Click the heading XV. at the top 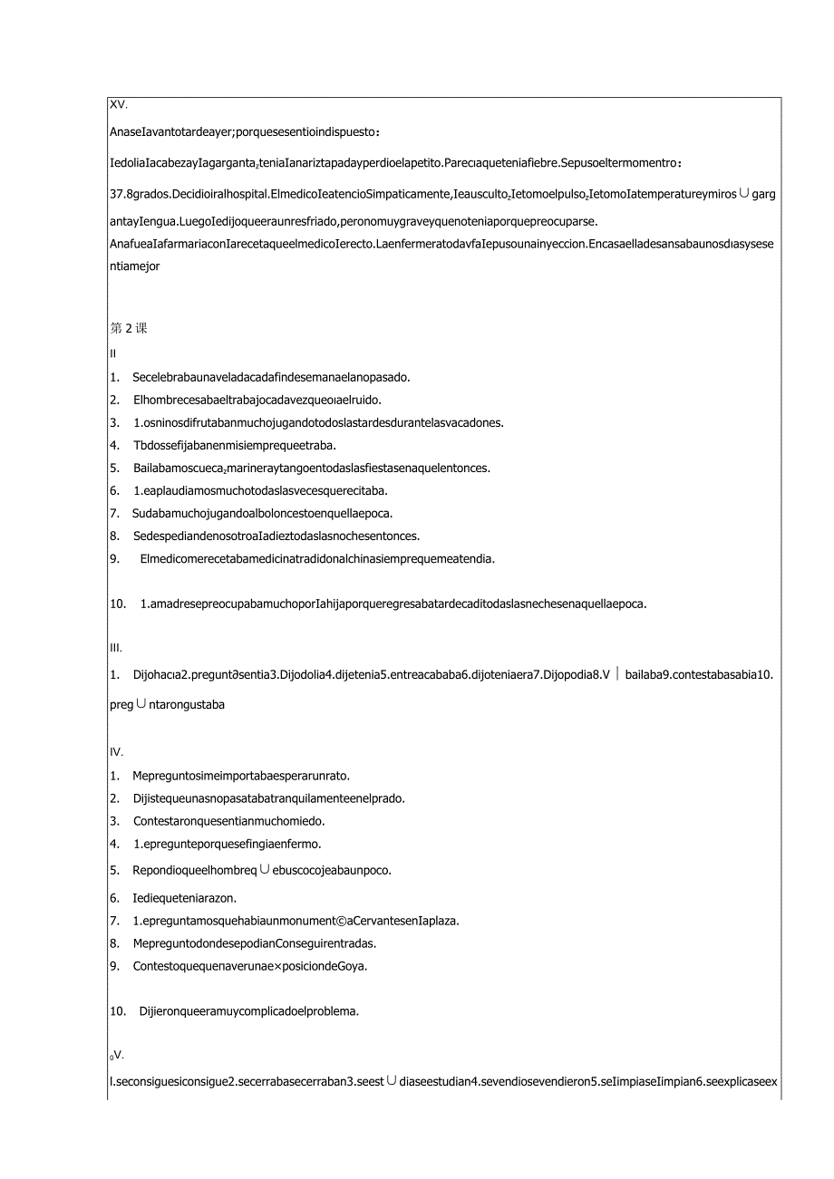118,105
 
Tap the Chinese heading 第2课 129,328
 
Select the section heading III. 115,648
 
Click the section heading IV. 116,752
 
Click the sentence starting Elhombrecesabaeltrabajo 257,400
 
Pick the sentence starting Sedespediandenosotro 276,536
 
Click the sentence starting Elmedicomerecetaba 317,558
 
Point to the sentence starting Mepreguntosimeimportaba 241,775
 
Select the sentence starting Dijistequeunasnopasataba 268,798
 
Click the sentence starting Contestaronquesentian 228,821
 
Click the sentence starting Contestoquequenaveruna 249,965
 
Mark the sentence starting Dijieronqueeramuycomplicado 249,1011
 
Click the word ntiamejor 135,266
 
